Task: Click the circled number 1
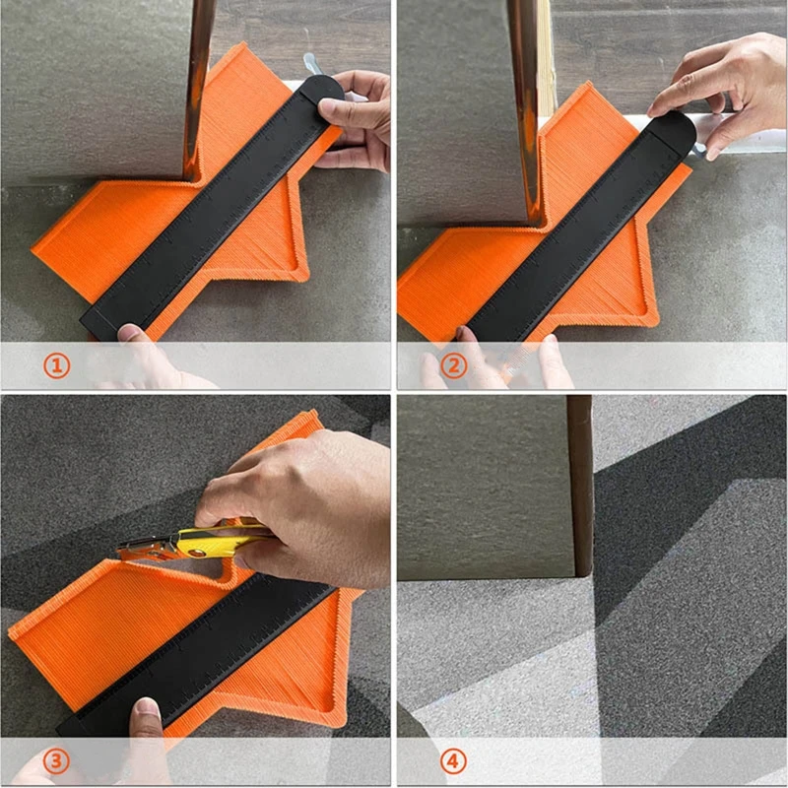pos(56,366)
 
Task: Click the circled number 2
pos(452,366)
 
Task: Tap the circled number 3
pos(56,760)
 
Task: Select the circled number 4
pos(452,760)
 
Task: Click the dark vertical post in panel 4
pos(580,483)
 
